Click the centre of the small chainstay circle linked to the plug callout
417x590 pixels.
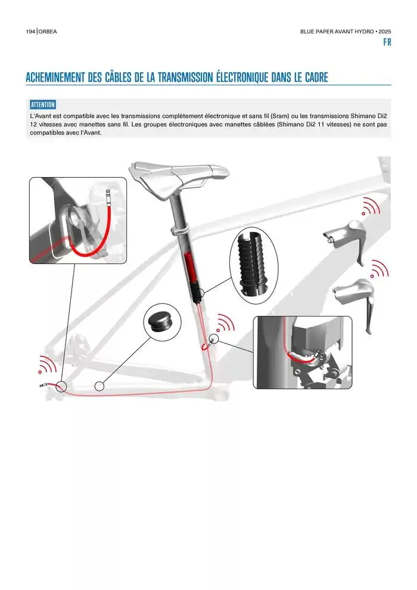[x=99, y=386]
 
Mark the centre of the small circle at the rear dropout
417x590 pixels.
[x=61, y=386]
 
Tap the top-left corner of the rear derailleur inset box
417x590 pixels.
[x=29, y=178]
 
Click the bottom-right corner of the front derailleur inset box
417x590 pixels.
[x=352, y=389]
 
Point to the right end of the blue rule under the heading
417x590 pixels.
[x=391, y=85]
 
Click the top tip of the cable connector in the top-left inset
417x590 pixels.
[x=108, y=190]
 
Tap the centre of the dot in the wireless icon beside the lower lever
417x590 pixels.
[x=372, y=276]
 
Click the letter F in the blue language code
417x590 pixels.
[x=385, y=42]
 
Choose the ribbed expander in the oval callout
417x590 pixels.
[x=254, y=263]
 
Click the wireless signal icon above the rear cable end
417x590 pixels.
[x=46, y=364]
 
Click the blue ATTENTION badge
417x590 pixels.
[x=43, y=105]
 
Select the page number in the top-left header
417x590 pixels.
[x=30, y=32]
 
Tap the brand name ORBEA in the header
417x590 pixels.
[x=48, y=32]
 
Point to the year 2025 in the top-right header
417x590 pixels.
[x=385, y=32]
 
